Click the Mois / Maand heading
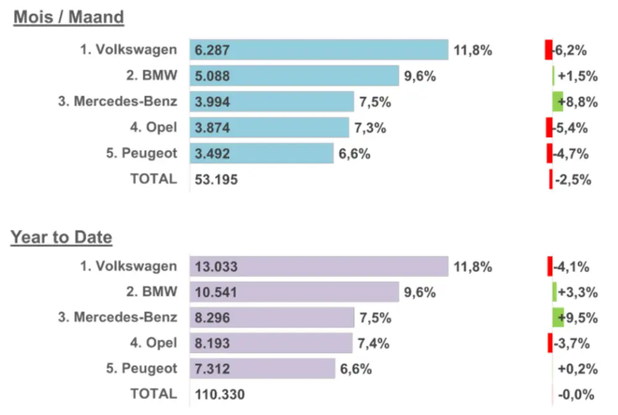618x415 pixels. pyautogui.click(x=69, y=17)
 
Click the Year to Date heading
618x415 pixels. pyautogui.click(x=61, y=237)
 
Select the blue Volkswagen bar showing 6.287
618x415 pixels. pyautogui.click(x=318, y=50)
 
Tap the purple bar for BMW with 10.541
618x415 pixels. pyautogui.click(x=294, y=292)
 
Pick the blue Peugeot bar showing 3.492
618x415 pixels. pyautogui.click(x=261, y=154)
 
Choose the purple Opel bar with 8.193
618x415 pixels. pyautogui.click(x=271, y=343)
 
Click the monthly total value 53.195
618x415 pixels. pyautogui.click(x=216, y=180)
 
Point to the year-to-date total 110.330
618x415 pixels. pyautogui.click(x=219, y=394)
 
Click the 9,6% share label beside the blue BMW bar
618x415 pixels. pyautogui.click(x=420, y=77)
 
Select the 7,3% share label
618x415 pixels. pyautogui.click(x=370, y=128)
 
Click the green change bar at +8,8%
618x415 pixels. pyautogui.click(x=557, y=102)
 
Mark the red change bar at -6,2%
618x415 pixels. pyautogui.click(x=548, y=50)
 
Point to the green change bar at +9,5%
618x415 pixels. pyautogui.click(x=558, y=317)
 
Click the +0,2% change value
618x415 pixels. pyautogui.click(x=578, y=369)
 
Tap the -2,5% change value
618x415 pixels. pyautogui.click(x=574, y=180)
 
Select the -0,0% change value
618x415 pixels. pyautogui.click(x=575, y=394)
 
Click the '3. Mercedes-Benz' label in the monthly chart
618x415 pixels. pyautogui.click(x=117, y=102)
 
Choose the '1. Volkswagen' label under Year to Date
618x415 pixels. pyautogui.click(x=128, y=267)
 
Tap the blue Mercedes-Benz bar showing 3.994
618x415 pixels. pyautogui.click(x=271, y=102)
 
